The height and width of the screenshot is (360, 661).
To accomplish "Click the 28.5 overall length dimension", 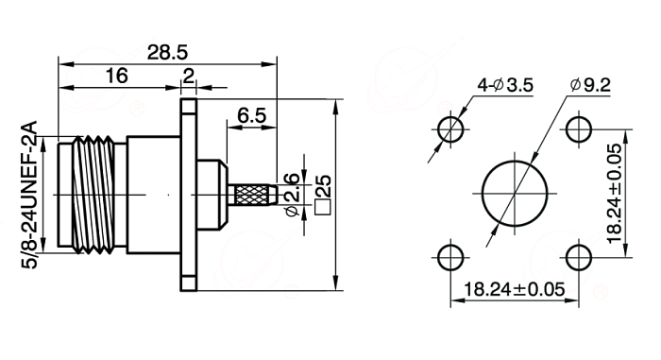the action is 167,53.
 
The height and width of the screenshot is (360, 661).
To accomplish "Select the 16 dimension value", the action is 116,76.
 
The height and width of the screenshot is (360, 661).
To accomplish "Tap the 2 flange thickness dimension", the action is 189,76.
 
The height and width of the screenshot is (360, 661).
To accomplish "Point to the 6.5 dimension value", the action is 252,115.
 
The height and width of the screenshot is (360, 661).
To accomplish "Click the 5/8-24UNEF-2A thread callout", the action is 29,195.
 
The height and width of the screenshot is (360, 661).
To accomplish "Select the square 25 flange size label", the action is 323,195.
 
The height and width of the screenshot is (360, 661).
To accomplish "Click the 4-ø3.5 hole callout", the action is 505,85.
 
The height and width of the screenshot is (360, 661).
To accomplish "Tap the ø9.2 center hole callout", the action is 590,85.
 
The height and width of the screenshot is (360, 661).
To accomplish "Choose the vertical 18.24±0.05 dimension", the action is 615,194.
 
